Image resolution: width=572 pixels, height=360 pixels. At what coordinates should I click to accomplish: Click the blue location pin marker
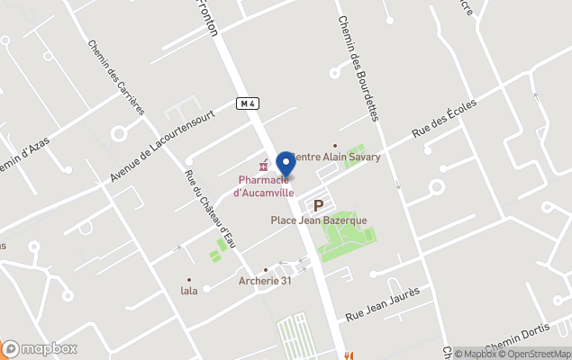tap(286, 165)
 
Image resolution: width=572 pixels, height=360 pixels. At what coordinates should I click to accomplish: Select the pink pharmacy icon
tap(263, 166)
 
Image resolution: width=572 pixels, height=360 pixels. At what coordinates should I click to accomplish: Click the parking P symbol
tap(318, 205)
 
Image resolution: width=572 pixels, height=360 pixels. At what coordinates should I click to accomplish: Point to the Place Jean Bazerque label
tap(319, 220)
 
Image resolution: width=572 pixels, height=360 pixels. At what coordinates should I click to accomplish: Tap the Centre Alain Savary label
tap(337, 157)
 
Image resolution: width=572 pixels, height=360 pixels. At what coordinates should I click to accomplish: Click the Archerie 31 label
tap(266, 281)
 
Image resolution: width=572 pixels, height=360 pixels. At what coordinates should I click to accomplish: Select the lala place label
tap(189, 291)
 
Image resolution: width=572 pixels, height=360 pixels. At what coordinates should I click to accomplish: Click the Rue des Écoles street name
tap(444, 118)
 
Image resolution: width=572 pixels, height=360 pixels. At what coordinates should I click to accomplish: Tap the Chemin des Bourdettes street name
tap(359, 61)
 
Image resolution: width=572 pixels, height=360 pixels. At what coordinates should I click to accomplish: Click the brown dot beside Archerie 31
tap(266, 269)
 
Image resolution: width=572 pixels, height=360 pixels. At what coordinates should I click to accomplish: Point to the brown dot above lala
tap(189, 280)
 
